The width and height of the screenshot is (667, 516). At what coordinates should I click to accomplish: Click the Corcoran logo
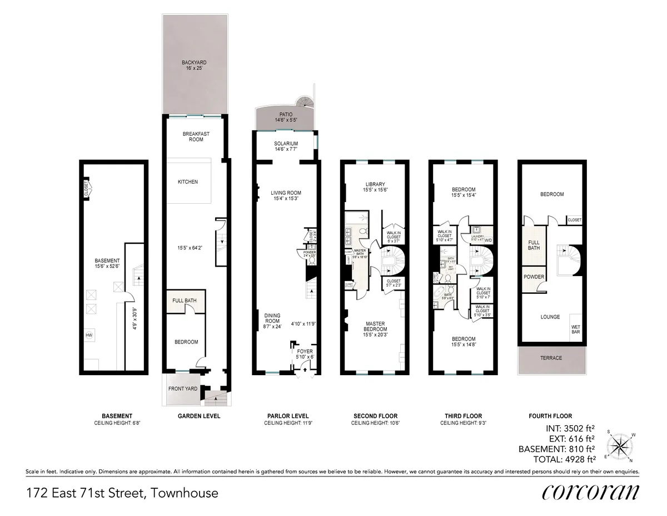tap(590, 493)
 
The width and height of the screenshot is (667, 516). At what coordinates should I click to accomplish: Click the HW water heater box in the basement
tap(88, 335)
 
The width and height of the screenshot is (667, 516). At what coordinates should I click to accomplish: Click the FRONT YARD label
tap(183, 389)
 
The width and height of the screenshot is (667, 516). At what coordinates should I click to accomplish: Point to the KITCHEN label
tap(187, 182)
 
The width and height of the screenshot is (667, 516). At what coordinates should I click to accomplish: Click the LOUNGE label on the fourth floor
tap(550, 317)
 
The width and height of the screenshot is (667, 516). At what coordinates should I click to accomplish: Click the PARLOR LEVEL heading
tap(287, 416)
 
